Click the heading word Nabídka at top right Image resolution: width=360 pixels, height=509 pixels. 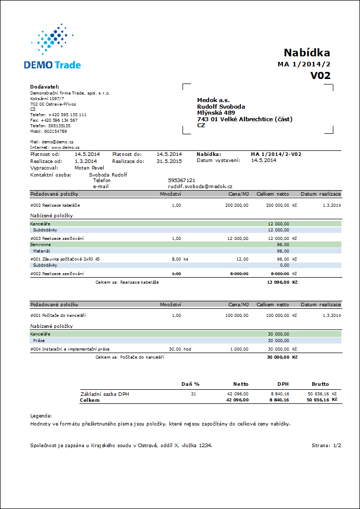(307, 53)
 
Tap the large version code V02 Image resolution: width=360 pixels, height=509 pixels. (320, 75)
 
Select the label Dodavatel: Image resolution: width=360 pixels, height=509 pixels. (45, 87)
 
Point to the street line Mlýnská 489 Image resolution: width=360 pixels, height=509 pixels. (216, 113)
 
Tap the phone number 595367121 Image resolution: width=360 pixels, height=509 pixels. (182, 180)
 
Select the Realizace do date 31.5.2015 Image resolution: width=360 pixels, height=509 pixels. (169, 161)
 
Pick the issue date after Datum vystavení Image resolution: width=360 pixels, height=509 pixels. (263, 160)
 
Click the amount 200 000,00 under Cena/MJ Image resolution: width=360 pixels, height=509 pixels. (236, 205)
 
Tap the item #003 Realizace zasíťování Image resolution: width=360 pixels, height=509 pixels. (57, 238)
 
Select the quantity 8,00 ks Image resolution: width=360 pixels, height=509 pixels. (179, 259)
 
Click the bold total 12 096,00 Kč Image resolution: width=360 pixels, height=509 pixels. (282, 283)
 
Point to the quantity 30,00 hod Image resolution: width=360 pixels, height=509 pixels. (179, 349)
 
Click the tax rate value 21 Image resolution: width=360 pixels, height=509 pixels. (194, 394)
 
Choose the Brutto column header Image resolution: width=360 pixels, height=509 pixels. (320, 384)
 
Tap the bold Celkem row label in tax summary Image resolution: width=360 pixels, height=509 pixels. (90, 400)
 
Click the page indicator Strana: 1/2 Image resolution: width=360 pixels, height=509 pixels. (326, 445)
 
